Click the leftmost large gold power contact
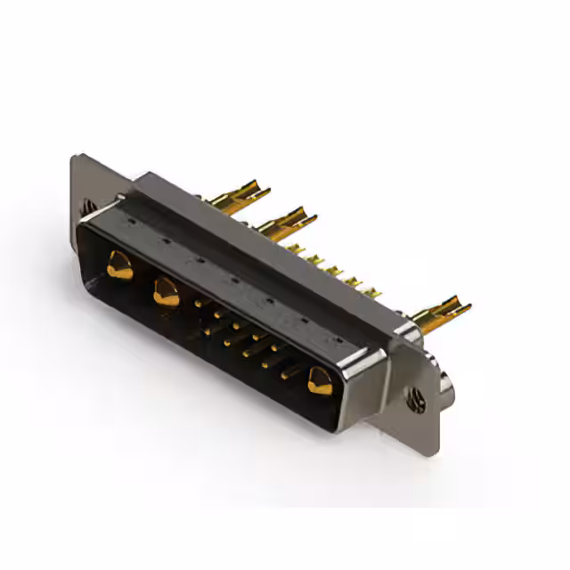click(x=118, y=265)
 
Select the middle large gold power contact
click(x=166, y=290)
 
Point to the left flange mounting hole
click(x=88, y=206)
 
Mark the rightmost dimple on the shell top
click(x=337, y=339)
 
